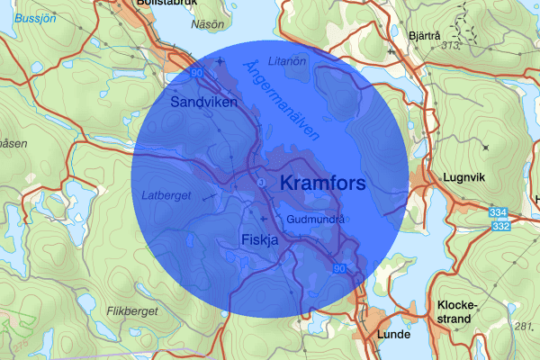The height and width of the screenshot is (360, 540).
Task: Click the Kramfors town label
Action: point(323,184)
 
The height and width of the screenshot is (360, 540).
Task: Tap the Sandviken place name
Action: point(203,103)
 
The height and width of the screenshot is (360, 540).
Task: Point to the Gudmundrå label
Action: point(316,219)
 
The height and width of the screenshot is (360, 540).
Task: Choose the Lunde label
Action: point(394,334)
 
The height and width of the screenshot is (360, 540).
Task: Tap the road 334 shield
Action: point(498,211)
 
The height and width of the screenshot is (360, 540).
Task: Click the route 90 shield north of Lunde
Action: point(339,268)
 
